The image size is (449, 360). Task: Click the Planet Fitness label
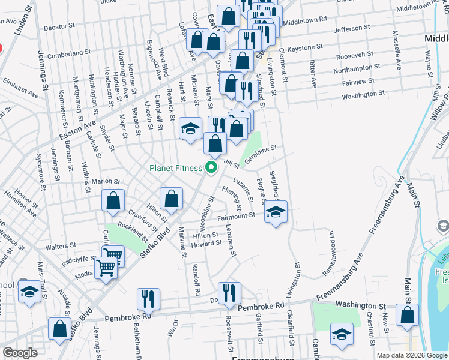[x=176, y=168]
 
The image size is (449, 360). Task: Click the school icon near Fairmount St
[x=276, y=212]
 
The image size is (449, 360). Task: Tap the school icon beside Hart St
[x=190, y=128]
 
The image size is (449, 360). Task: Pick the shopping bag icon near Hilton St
[x=172, y=199]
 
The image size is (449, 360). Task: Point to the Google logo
[x=20, y=353]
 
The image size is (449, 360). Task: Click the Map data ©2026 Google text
[x=412, y=355]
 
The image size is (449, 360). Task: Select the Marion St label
[x=106, y=181]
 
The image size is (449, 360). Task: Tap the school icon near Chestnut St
[x=342, y=336]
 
